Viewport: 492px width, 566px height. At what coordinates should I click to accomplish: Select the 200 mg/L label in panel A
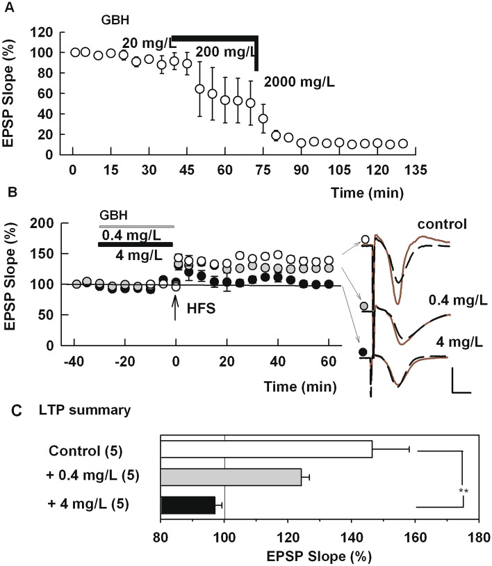point(227,51)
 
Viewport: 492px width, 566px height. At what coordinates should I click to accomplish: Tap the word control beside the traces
point(441,225)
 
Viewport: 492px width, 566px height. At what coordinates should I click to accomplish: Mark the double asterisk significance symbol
point(463,491)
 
